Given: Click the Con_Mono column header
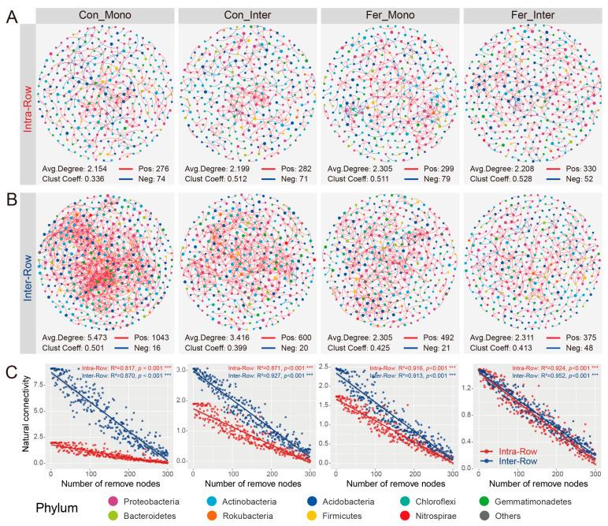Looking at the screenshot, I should coord(105,14).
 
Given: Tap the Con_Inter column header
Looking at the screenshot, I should coord(247,14).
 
